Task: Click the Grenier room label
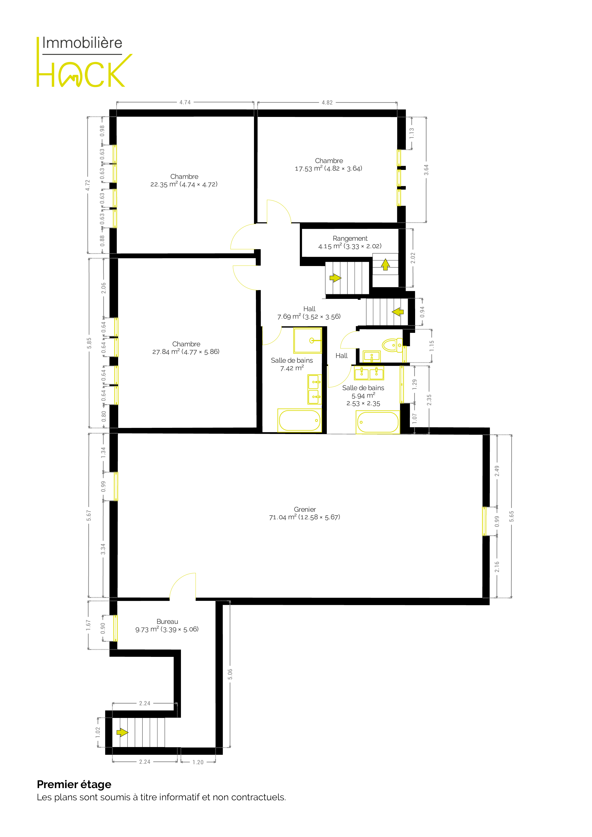pyautogui.click(x=305, y=509)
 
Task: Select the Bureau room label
pyautogui.click(x=167, y=622)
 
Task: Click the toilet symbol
pyautogui.click(x=392, y=345)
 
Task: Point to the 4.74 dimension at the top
pyautogui.click(x=185, y=102)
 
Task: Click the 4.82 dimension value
pyautogui.click(x=327, y=103)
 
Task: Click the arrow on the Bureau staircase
pyautogui.click(x=122, y=732)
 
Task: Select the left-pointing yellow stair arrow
pyautogui.click(x=398, y=312)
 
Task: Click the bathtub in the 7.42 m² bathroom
pyautogui.click(x=300, y=420)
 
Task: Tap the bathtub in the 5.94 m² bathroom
pyautogui.click(x=378, y=422)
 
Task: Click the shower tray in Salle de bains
pyautogui.click(x=308, y=340)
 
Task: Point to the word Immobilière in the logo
pyautogui.click(x=82, y=43)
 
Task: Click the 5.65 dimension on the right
pyautogui.click(x=511, y=516)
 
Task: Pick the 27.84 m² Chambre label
pyautogui.click(x=186, y=348)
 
